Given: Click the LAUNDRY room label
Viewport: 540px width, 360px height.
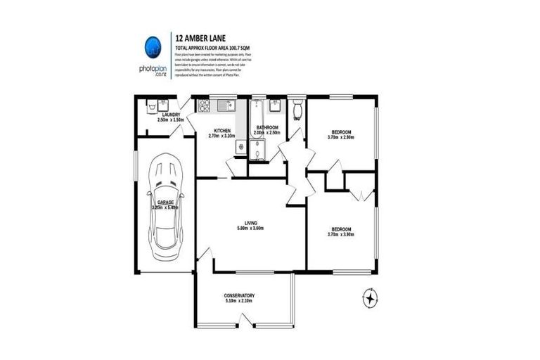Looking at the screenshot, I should (171, 115).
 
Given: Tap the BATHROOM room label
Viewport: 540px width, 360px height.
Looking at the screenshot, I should (268, 127).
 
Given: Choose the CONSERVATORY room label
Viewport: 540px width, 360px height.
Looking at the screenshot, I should (239, 295).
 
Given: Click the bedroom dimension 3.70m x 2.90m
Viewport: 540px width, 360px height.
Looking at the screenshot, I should (342, 137).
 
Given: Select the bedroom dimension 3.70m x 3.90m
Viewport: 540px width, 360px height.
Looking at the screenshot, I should (342, 235).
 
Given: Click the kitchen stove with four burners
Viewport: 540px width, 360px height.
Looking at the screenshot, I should (205, 107).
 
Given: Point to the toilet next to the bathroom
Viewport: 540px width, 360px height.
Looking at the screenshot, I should (297, 109).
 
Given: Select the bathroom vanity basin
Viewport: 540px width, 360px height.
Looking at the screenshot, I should (276, 106).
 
